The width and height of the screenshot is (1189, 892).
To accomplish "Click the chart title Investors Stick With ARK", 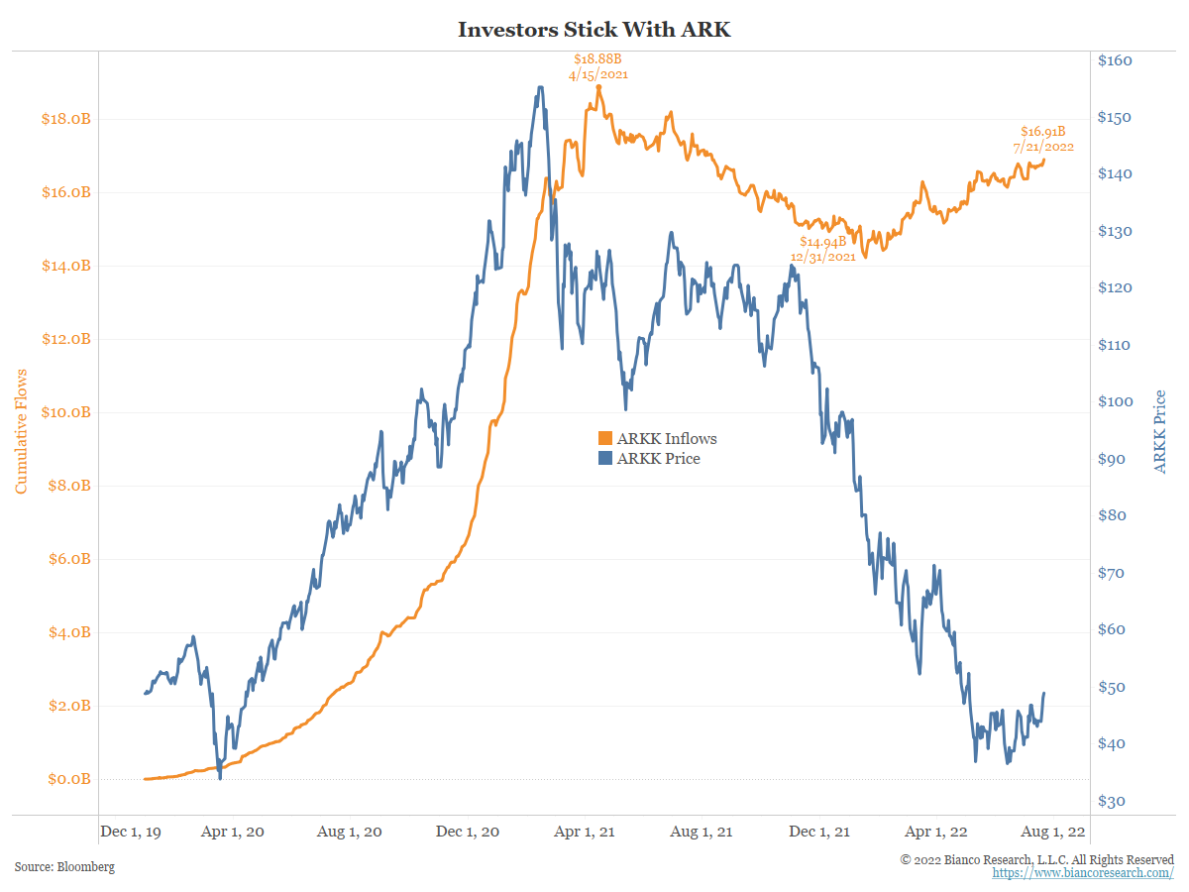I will coord(594,30).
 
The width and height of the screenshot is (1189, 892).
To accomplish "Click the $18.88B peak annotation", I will coord(597,65).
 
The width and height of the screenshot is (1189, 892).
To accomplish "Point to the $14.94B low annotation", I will coord(822,248).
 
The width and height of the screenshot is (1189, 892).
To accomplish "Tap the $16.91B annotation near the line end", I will coord(1043,139).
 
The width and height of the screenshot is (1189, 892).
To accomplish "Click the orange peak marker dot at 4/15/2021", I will coord(598,87).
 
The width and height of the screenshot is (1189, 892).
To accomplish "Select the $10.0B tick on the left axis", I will coord(65,412).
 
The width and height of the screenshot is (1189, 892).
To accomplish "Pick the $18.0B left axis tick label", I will coord(65,119).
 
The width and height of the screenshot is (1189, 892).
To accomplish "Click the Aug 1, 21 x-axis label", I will coord(702,833).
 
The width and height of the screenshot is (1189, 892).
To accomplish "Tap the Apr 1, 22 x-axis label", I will coord(936,833).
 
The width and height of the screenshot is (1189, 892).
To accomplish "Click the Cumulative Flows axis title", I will coord(21,431).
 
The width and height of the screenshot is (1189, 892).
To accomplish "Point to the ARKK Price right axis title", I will coord(1160,431).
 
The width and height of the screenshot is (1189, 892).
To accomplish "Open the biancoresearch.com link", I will coord(1083,873).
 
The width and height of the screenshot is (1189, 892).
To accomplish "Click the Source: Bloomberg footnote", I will coord(64,867).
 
